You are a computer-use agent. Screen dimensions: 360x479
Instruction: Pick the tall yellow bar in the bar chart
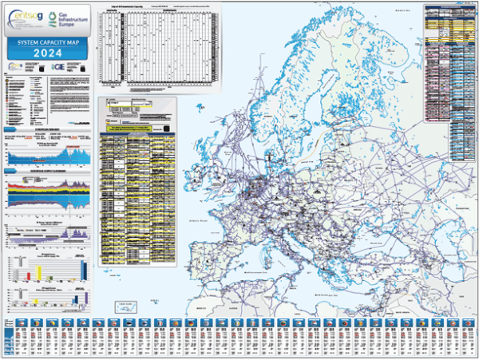coord(38,271)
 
